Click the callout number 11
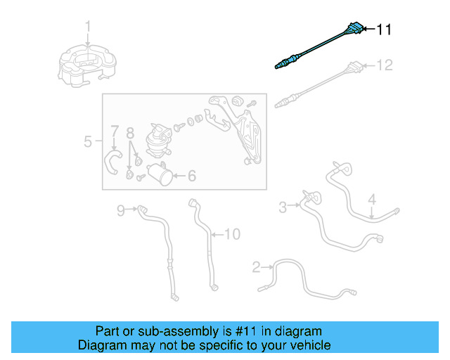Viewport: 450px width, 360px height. [x=383, y=30]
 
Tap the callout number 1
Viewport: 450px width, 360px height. [x=88, y=27]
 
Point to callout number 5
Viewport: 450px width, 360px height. [x=88, y=142]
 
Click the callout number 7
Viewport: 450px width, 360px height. [x=114, y=131]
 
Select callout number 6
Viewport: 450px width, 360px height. [x=191, y=177]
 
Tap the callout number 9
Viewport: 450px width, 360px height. [x=120, y=210]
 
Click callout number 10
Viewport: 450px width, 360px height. [x=232, y=233]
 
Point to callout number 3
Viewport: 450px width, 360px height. [x=283, y=207]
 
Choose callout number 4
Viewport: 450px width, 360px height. [x=373, y=198]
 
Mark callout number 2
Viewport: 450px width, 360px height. [x=257, y=266]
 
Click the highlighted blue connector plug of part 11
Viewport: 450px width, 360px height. [x=356, y=30]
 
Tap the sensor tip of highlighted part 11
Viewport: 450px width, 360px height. [x=279, y=67]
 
